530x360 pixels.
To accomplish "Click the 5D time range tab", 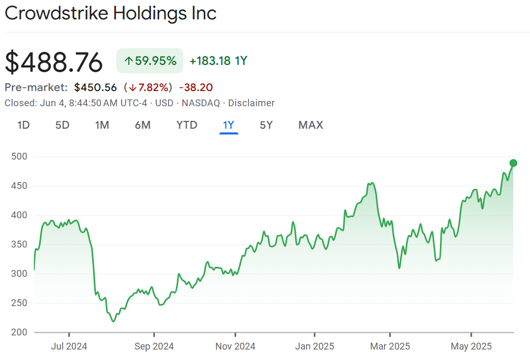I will coord(62,125).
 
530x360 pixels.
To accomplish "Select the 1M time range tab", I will coord(102,125).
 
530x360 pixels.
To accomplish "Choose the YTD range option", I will coord(186,125).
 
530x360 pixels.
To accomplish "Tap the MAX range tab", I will coord(311,125).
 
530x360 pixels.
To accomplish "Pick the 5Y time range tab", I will coord(266,125).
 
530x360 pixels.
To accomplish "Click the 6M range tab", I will coord(142,125).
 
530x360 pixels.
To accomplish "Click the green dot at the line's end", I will coord(513,163).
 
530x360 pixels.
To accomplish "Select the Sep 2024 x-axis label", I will coord(154,346).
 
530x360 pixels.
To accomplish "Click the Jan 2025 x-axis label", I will coord(315,346).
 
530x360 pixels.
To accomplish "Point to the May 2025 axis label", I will coord(471,346).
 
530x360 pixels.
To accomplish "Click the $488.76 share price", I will coord(54,62).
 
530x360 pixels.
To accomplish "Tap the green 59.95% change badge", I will coord(150,61).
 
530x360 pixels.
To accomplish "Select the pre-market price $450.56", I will coord(95,87).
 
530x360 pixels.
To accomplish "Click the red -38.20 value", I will coord(196,87).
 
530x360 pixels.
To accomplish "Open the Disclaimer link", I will coord(251,103).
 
